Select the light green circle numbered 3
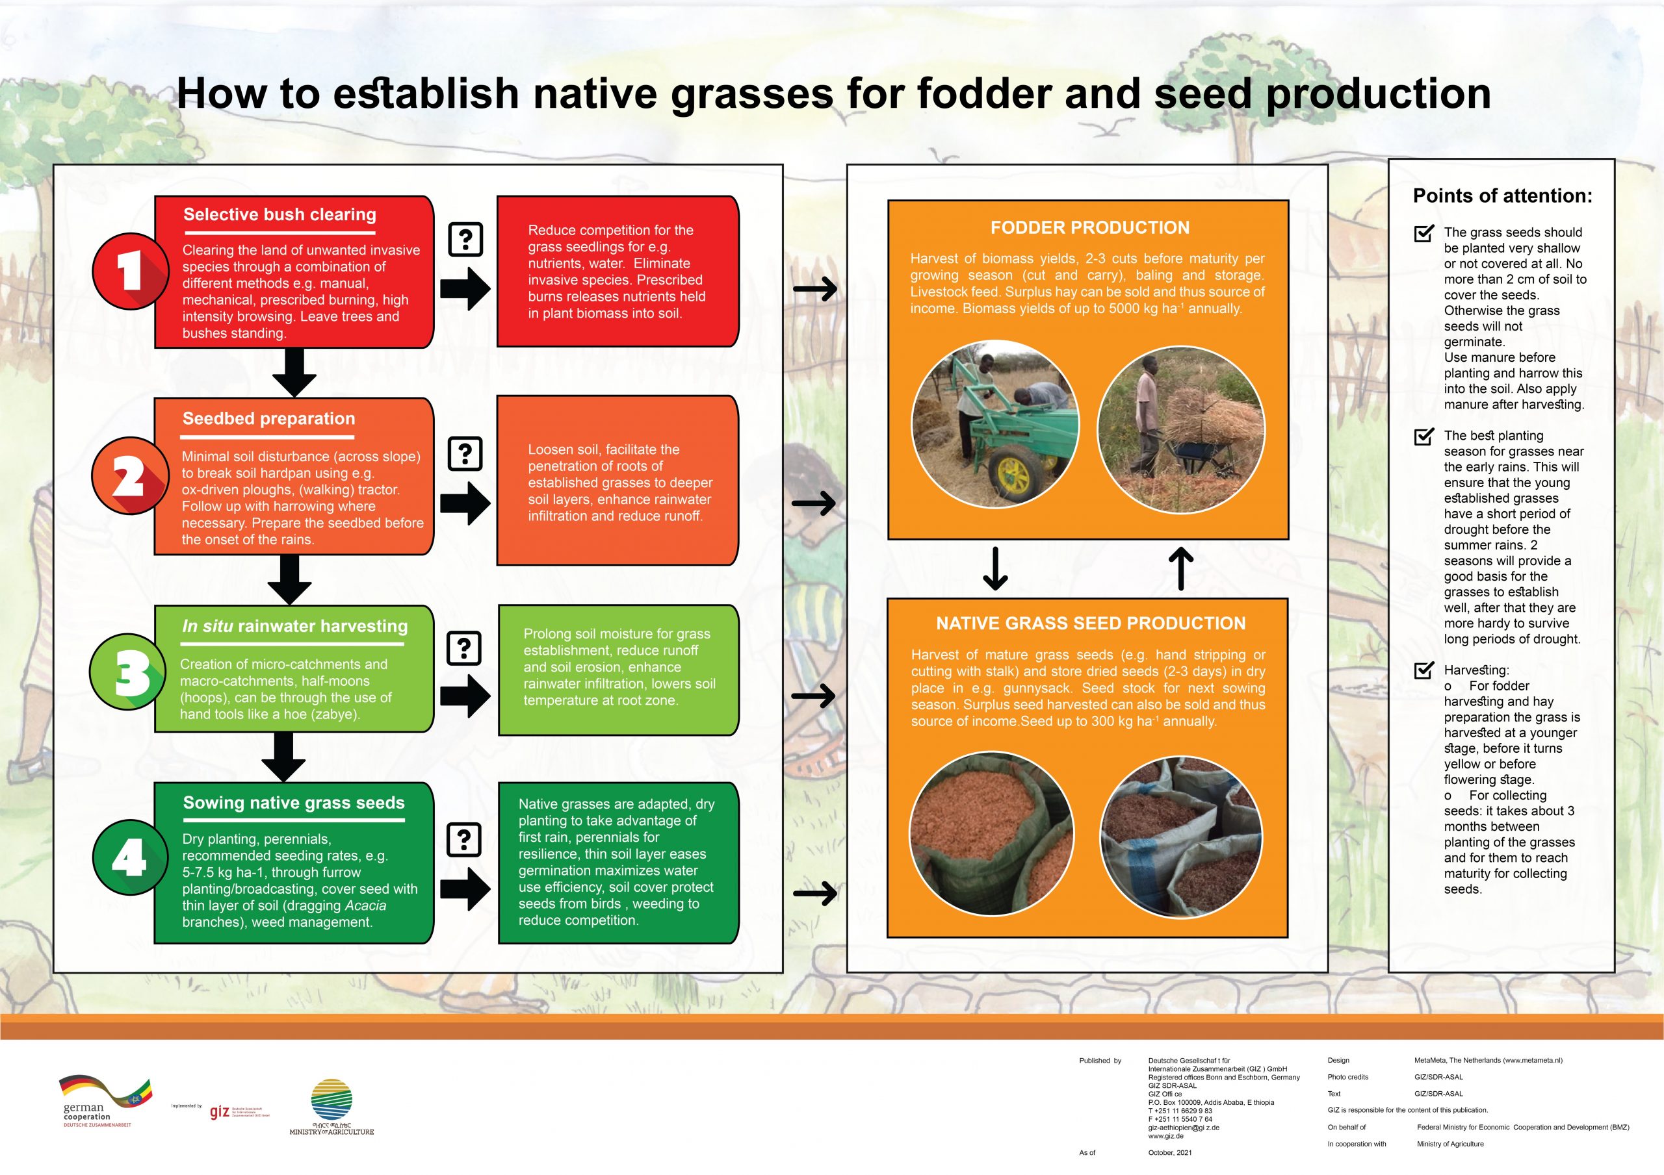(128, 672)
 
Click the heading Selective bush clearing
(279, 214)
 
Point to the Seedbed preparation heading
(269, 419)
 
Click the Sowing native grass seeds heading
(294, 803)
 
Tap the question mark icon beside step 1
(465, 239)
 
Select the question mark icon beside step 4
(465, 840)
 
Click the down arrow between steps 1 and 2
(294, 371)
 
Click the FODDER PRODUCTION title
(1089, 227)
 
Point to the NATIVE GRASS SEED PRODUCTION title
(1090, 623)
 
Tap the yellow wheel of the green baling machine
(1013, 475)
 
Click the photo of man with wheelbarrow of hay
(1180, 429)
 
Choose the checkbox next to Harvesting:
(1423, 670)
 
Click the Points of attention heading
(1502, 196)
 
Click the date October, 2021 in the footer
(1170, 1152)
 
